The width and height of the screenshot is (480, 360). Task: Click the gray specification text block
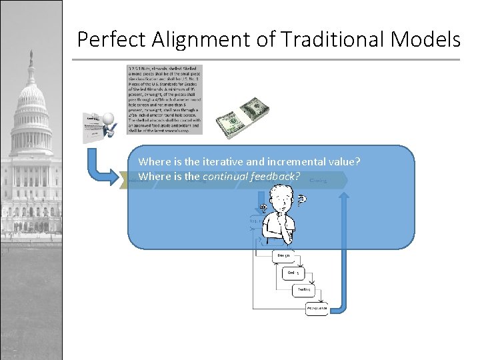click(165, 99)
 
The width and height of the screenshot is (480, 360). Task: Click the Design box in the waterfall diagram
click(281, 255)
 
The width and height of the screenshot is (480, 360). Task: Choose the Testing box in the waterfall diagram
click(304, 289)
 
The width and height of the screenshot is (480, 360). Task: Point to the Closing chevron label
click(319, 180)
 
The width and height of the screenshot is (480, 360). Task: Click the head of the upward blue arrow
click(344, 195)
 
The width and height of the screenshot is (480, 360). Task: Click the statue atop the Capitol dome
click(29, 57)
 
